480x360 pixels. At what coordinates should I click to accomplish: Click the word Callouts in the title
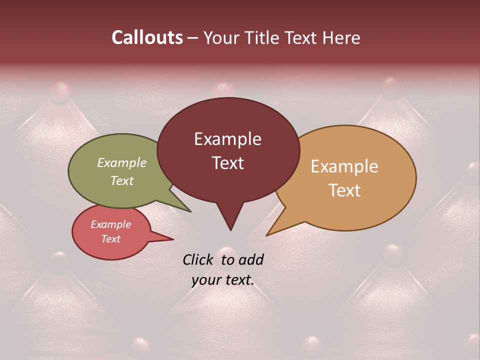147,37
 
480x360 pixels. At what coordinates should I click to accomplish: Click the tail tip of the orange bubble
267,234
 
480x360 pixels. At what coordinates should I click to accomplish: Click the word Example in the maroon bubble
228,139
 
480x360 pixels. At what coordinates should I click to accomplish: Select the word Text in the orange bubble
344,190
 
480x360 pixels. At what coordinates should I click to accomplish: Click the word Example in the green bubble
122,162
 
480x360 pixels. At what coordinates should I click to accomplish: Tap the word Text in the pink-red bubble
111,239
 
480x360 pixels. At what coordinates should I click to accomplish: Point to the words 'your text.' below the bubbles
222,280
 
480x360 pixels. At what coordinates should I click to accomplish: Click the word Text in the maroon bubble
228,163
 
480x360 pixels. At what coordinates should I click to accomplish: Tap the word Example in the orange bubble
344,166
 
